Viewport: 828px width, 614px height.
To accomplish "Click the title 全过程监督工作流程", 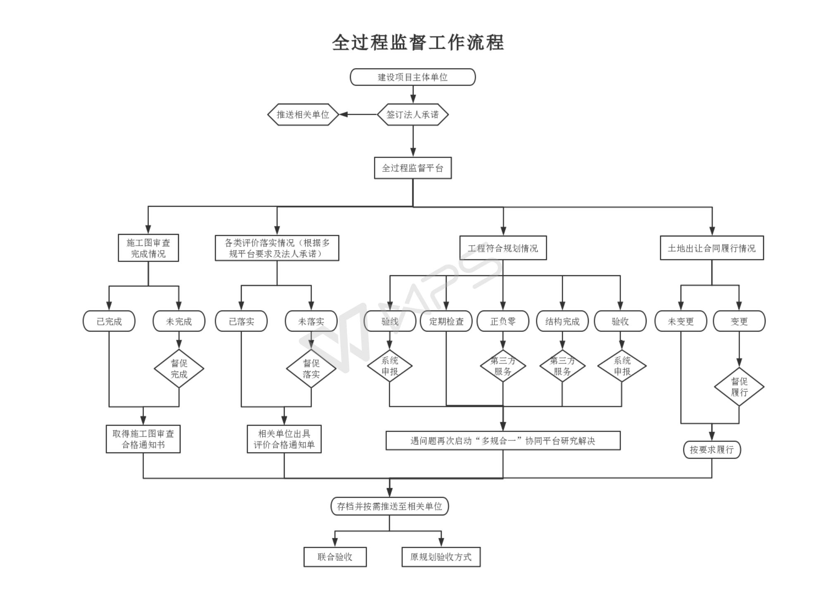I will [x=418, y=43].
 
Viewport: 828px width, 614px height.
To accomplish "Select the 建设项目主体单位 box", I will [x=412, y=77].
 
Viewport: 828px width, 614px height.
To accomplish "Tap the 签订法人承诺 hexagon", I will [x=412, y=114].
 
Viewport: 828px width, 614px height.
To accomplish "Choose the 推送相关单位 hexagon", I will [x=303, y=114].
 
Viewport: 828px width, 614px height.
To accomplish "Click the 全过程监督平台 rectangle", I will [x=412, y=168].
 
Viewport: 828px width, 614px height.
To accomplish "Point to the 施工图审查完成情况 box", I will [x=148, y=248].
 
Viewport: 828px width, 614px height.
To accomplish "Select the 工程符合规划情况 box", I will [x=503, y=248].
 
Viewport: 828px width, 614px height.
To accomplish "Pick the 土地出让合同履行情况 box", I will [x=711, y=248].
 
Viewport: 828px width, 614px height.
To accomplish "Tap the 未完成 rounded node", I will [x=179, y=321].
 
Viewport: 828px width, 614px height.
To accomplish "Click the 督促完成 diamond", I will [x=179, y=368].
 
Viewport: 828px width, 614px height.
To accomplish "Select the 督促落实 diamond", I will [x=311, y=368].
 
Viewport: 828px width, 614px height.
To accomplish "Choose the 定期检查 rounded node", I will [x=446, y=321].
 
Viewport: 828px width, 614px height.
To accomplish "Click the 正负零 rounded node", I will [x=503, y=321].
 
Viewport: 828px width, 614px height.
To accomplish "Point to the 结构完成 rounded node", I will [x=562, y=321].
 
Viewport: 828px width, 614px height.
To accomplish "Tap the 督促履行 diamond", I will [x=739, y=387].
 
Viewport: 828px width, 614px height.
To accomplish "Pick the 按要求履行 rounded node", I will [x=712, y=449].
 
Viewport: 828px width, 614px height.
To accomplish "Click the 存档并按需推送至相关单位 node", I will [x=389, y=506].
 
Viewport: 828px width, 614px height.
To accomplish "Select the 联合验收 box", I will [x=335, y=557].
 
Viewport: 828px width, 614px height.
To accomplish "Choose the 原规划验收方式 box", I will [x=441, y=557].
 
